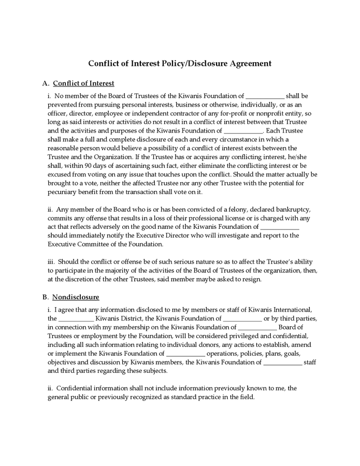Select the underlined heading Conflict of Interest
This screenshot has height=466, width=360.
coord(83,83)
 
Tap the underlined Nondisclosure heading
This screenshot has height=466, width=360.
coord(76,297)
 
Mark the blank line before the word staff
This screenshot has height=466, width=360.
coord(282,362)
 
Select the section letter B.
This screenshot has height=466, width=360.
coord(45,297)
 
